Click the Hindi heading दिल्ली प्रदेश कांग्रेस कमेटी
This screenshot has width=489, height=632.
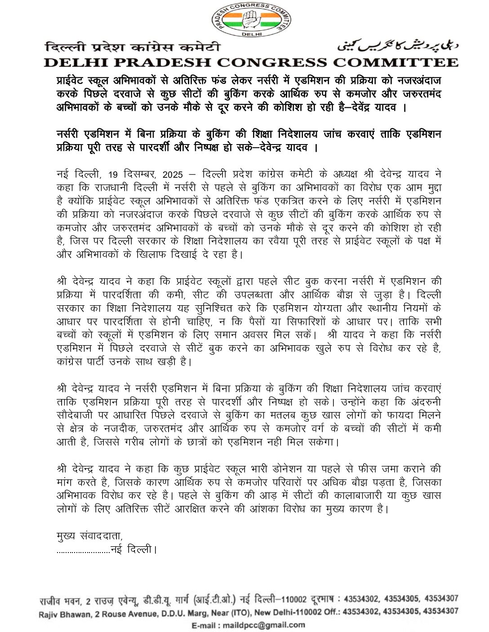(x=133, y=47)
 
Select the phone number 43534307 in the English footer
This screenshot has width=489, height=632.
(x=441, y=611)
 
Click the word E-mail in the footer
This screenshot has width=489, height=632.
(x=205, y=625)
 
